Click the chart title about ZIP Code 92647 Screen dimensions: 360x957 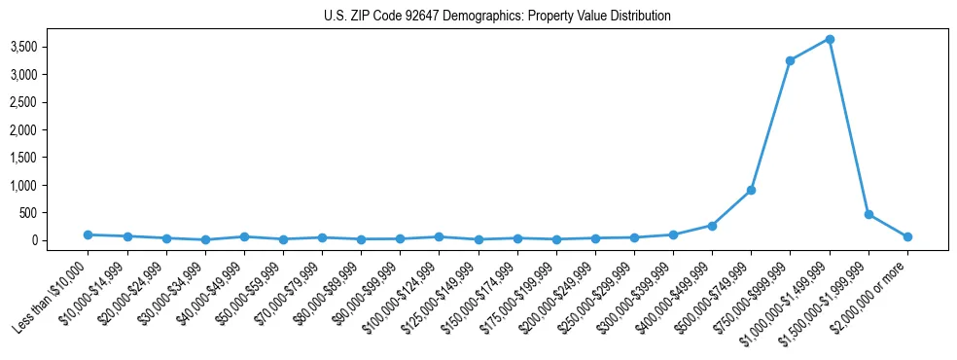point(497,17)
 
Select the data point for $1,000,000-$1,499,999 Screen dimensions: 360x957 point(829,39)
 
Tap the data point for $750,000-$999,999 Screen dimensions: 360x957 point(790,60)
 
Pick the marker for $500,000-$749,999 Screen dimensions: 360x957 point(751,190)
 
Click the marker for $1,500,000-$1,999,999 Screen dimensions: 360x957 point(868,214)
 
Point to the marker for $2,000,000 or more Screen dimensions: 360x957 point(907,236)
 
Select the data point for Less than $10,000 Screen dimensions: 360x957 point(89,234)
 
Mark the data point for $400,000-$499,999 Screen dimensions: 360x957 point(712,226)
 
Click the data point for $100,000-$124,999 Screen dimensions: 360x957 point(439,236)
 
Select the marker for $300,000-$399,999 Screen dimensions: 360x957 point(673,234)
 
